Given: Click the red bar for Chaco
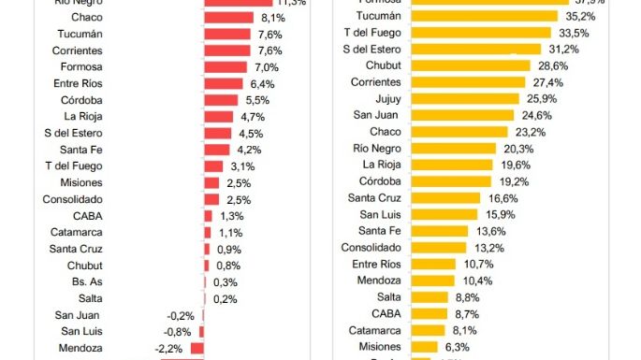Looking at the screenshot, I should tap(229, 18).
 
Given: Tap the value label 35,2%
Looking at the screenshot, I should tap(578, 16).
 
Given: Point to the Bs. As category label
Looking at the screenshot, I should tap(88, 281).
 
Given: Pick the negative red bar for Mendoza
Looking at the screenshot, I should tap(197, 348).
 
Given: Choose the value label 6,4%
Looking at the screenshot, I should tap(263, 84).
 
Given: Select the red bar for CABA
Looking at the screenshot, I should tap(209, 216).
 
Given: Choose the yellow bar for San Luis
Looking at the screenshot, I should tap(444, 215).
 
